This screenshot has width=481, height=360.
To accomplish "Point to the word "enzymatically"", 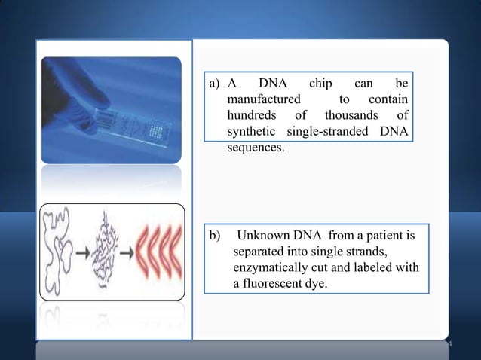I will pos(273,268).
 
